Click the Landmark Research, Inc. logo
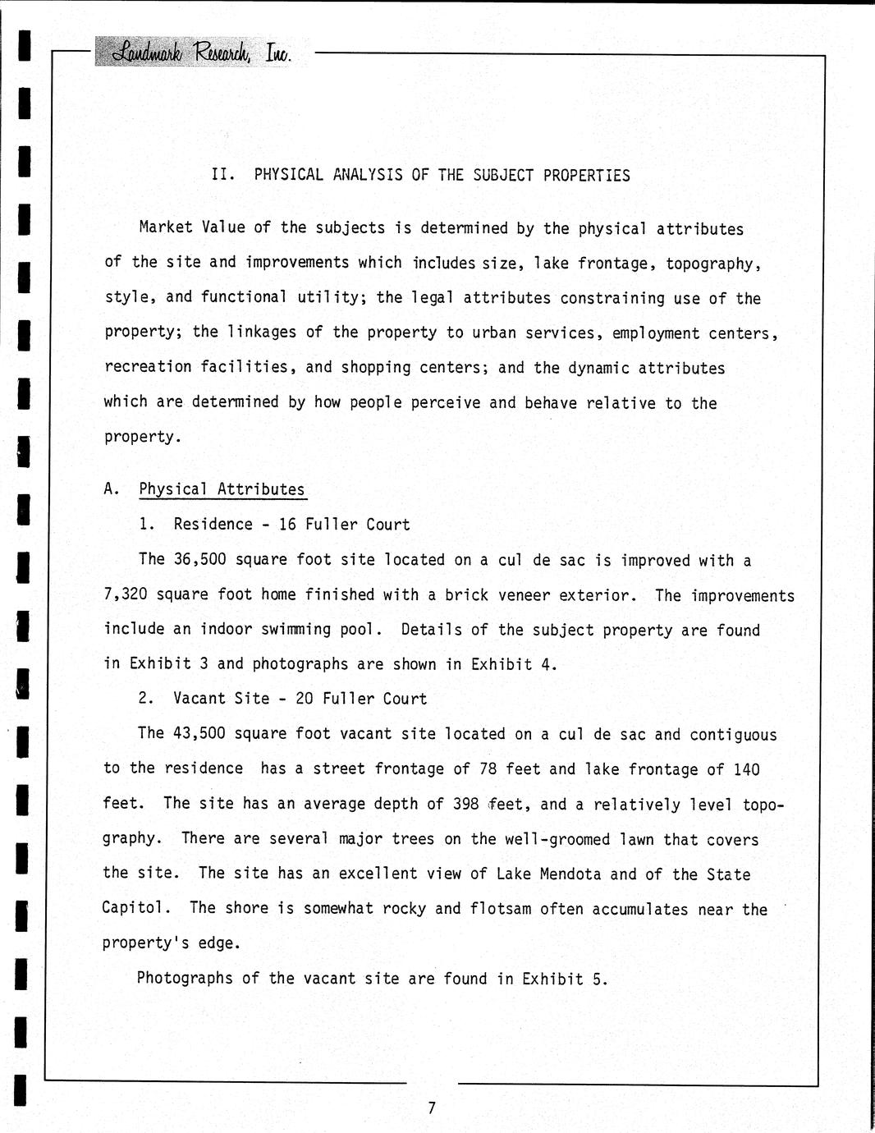pyautogui.click(x=201, y=53)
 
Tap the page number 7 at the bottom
pyautogui.click(x=432, y=1108)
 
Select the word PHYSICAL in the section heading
pyautogui.click(x=290, y=175)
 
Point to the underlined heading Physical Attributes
pyautogui.click(x=222, y=489)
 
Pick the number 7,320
pyautogui.click(x=126, y=594)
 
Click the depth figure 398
pyautogui.click(x=465, y=804)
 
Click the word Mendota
pyautogui.click(x=571, y=874)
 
